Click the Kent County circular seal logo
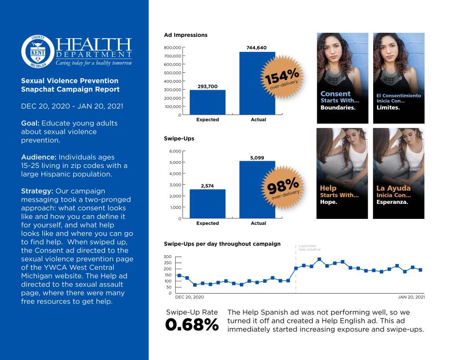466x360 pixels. (x=38, y=51)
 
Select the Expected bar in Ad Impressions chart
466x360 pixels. (x=208, y=102)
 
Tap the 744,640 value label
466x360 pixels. (x=257, y=48)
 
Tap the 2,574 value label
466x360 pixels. (x=208, y=185)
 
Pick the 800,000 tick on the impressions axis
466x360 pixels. (x=172, y=47)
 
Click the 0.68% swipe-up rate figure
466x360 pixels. (x=192, y=325)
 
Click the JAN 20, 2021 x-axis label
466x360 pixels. (x=411, y=297)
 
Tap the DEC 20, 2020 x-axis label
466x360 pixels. (x=190, y=297)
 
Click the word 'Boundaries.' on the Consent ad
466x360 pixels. (x=338, y=108)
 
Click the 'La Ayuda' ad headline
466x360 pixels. (x=393, y=188)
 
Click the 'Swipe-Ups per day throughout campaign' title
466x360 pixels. (x=222, y=244)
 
